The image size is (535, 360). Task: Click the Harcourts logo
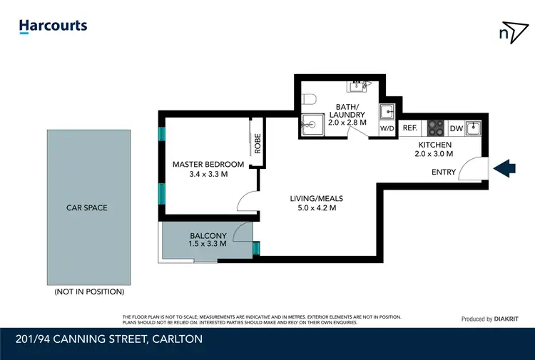tap(53, 26)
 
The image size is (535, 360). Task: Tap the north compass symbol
tap(509, 32)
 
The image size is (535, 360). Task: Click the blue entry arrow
tap(505, 168)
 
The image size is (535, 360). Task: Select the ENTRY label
tap(444, 173)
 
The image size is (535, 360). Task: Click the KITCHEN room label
tap(434, 145)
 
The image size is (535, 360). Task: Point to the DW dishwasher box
tap(454, 129)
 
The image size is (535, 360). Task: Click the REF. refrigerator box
tap(409, 129)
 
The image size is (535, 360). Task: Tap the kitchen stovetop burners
tap(435, 129)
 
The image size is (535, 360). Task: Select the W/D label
tap(387, 129)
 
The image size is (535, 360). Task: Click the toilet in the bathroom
tap(310, 99)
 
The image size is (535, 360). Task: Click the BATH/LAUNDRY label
tap(350, 110)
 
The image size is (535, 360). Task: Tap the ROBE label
tap(258, 144)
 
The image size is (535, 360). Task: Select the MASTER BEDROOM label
tap(208, 165)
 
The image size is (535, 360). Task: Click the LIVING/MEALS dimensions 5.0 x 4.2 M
tap(312, 209)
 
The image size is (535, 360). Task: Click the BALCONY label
tap(208, 236)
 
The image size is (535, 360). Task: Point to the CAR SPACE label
tap(89, 208)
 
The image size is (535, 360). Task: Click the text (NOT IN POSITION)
tap(89, 292)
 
